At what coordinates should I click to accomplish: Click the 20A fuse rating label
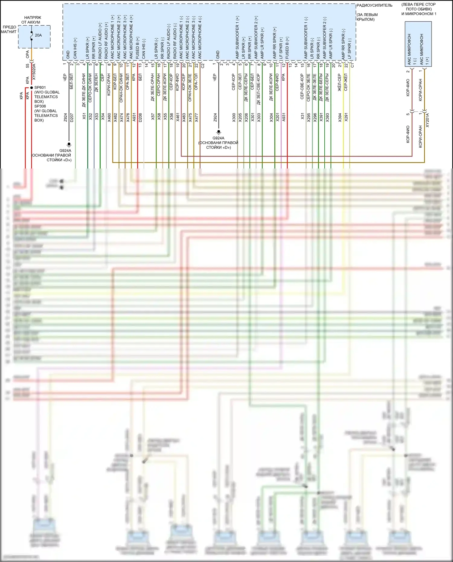coord(38,35)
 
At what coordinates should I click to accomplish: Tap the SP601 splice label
coord(40,88)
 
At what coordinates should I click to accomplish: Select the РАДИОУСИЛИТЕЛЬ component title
coord(374,5)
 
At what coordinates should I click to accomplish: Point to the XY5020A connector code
coord(34,72)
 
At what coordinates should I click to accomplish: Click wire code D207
coord(72,117)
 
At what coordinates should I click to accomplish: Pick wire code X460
coord(109,117)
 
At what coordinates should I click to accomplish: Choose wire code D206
coord(140,117)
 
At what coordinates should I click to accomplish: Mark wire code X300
coord(234,117)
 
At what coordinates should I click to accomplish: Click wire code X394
coord(340,117)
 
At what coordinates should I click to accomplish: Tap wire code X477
coord(196,117)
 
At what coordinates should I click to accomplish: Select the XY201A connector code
coord(427,120)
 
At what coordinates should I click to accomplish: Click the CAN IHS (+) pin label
coord(75,48)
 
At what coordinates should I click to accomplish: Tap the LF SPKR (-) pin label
coord(349,48)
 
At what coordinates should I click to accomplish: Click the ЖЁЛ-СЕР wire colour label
coord(339,82)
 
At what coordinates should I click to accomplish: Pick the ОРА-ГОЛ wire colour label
coord(196,82)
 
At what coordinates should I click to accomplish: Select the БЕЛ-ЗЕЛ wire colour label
coord(72,81)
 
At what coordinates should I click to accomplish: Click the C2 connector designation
coord(203,65)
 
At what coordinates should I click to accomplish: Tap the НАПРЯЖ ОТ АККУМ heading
coord(32,20)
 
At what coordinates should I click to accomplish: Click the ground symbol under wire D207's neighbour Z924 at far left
coord(69,145)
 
